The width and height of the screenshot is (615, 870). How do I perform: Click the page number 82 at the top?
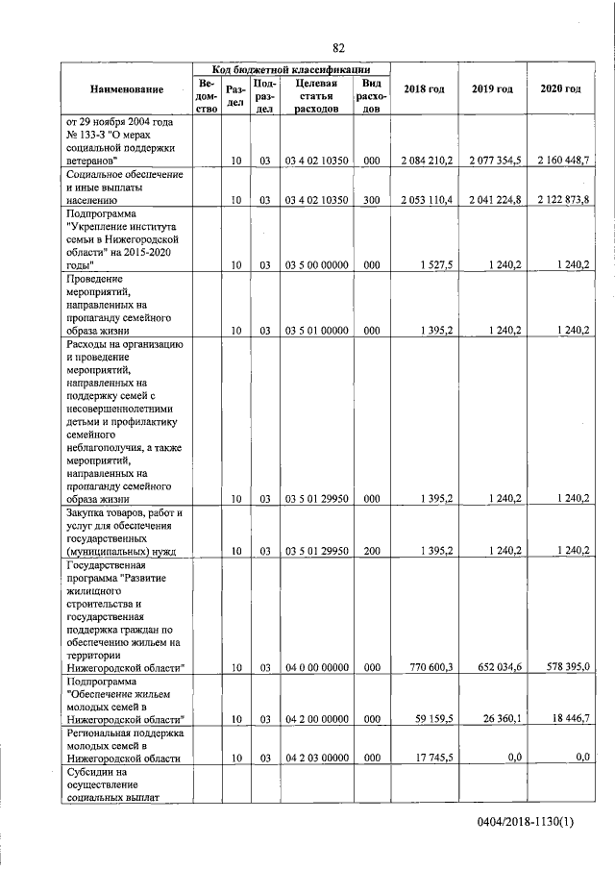click(x=338, y=48)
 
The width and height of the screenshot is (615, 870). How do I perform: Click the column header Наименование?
click(x=127, y=89)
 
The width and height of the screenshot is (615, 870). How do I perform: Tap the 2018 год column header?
click(x=424, y=89)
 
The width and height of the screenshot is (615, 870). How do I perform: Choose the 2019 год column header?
click(x=492, y=89)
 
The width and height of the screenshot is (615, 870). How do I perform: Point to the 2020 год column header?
click(x=560, y=89)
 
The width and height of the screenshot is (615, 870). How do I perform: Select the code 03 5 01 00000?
click(x=317, y=330)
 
